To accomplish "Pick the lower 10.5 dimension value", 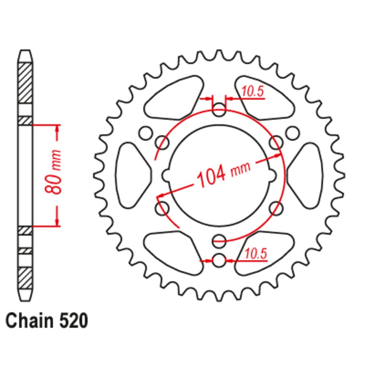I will pos(255,254).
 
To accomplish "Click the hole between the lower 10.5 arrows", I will pos(219,261).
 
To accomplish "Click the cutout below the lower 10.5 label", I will pos(264,255).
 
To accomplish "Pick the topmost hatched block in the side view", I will pos(25,82).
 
